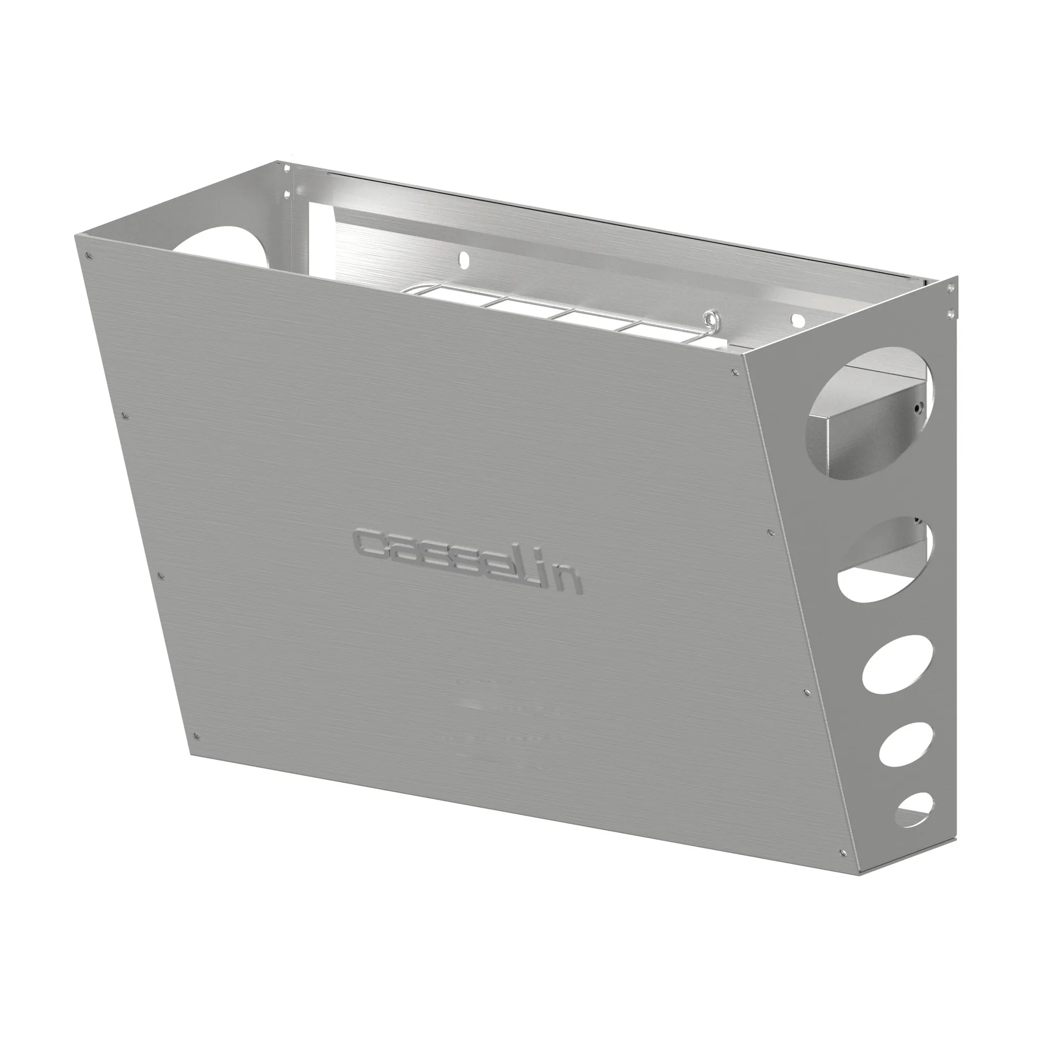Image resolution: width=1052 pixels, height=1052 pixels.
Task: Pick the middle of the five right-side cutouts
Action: [x=897, y=668]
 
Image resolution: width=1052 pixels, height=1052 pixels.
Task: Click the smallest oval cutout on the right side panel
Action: [x=915, y=817]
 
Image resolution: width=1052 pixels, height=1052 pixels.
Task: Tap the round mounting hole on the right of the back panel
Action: [x=797, y=319]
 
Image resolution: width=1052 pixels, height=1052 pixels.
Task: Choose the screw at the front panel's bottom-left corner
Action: [x=197, y=736]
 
